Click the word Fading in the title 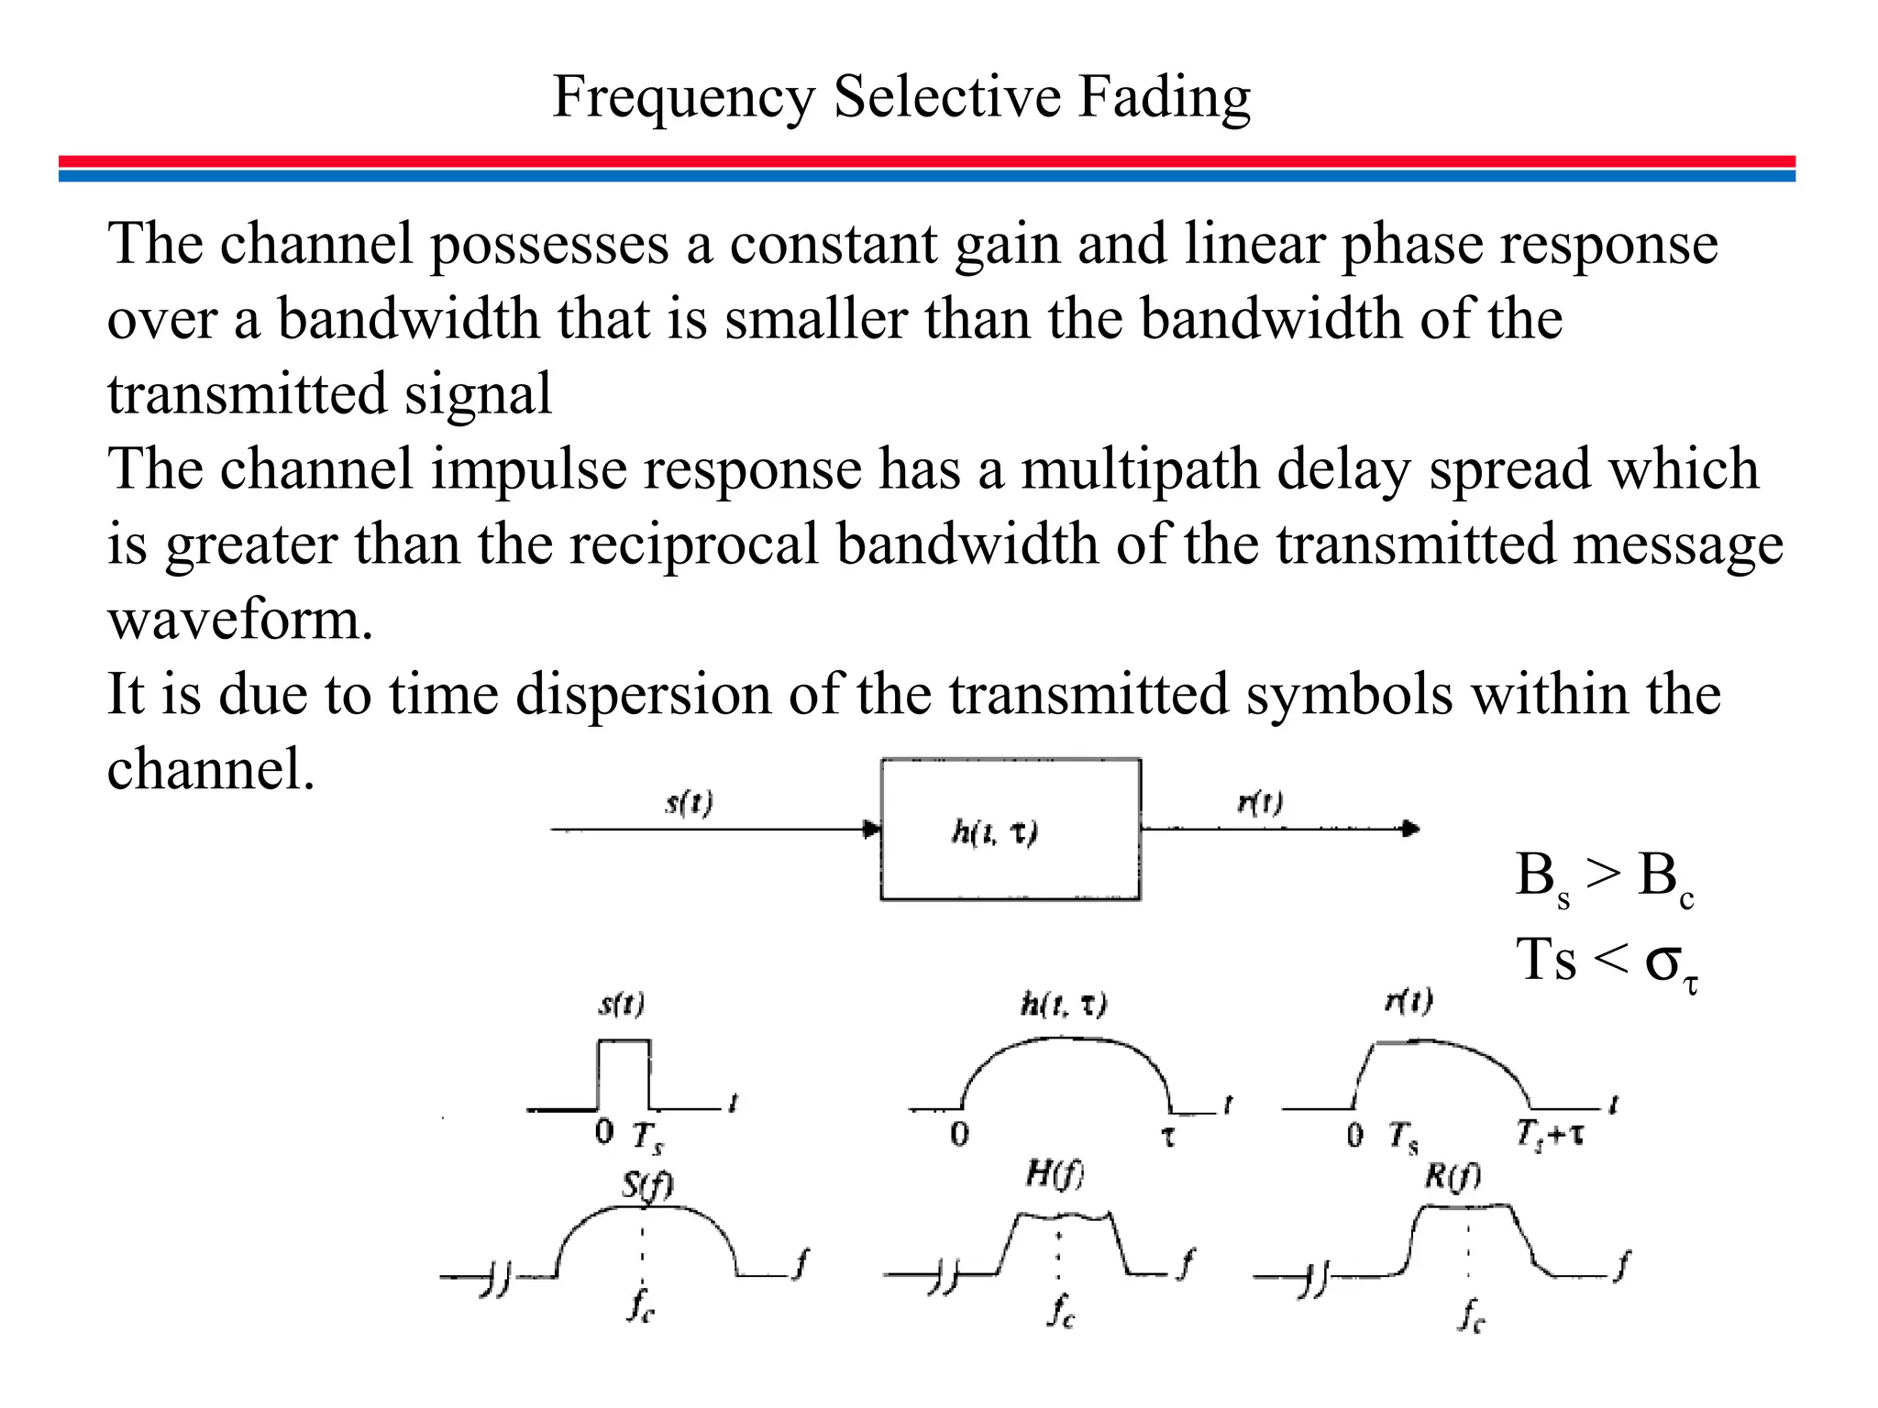[1164, 96]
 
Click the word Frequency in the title [684, 98]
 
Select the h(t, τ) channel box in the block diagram [1011, 830]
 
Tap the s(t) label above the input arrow [689, 803]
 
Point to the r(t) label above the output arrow [1260, 802]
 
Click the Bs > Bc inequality [1604, 876]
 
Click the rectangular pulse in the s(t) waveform [624, 1072]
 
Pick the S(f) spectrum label [647, 1185]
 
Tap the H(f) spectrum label [1055, 1173]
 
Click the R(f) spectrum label [1452, 1175]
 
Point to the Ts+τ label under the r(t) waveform [1549, 1135]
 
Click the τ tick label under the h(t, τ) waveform [1168, 1137]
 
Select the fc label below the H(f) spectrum [1061, 1312]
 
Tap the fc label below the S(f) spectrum [641, 1306]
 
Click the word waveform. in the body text [240, 620]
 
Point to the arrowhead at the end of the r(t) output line [1411, 829]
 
